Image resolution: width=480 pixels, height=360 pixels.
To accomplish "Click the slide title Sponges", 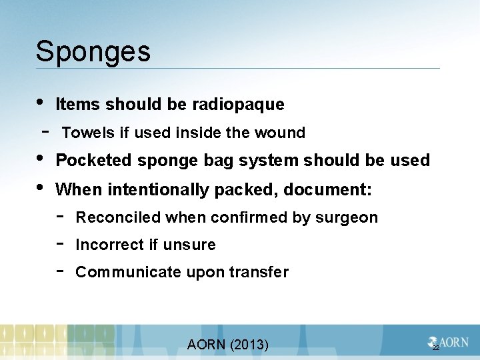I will pos(93,52).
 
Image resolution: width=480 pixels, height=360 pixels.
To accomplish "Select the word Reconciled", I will pos(119,218).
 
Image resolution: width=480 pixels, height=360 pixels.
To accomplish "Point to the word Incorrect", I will pos(110,245).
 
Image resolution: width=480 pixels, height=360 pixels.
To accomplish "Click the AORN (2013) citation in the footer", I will pos(228,345).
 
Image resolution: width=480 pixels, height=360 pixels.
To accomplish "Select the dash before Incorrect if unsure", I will pos(60,243).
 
